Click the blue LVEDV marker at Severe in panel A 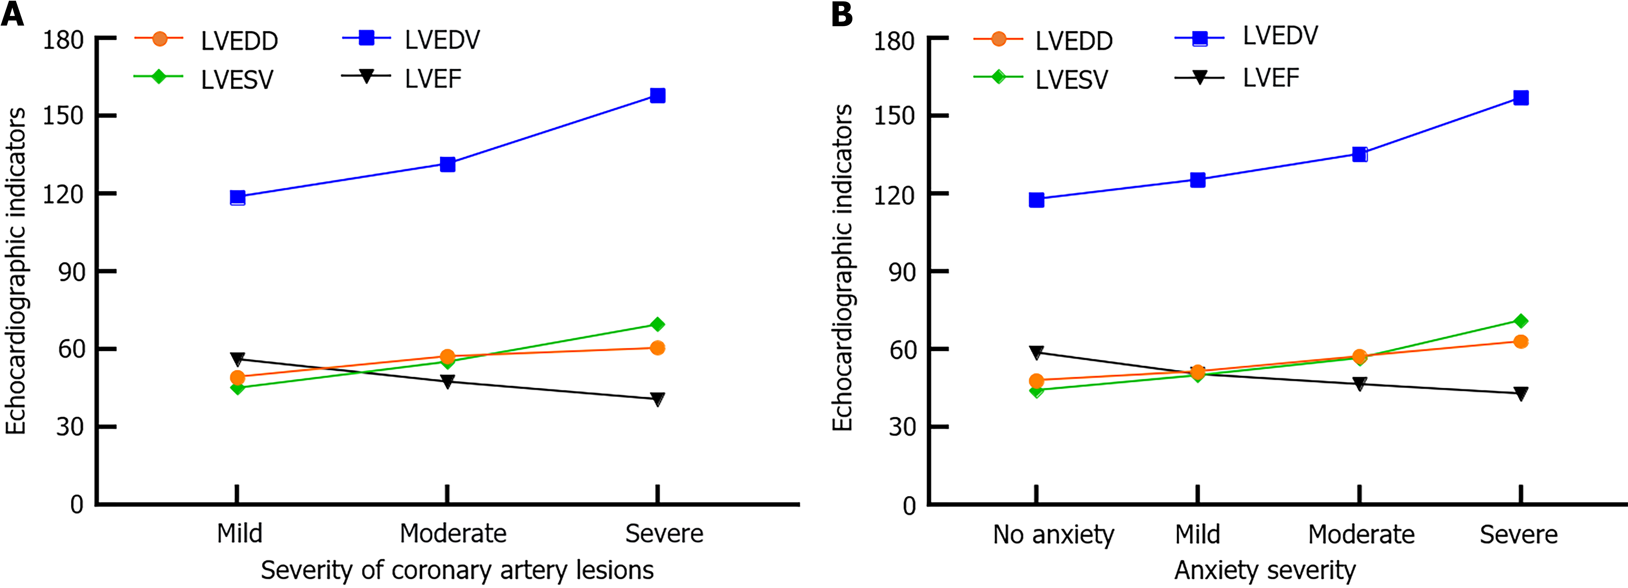click(657, 95)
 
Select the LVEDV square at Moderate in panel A click(447, 164)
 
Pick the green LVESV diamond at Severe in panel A click(657, 324)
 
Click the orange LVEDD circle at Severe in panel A click(657, 348)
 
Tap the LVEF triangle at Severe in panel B click(1521, 393)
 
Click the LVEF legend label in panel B click(1270, 78)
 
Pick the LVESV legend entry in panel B click(1071, 80)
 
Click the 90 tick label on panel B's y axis click(901, 272)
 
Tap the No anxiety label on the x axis click(1054, 535)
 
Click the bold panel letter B click(842, 14)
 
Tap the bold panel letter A click(13, 14)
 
